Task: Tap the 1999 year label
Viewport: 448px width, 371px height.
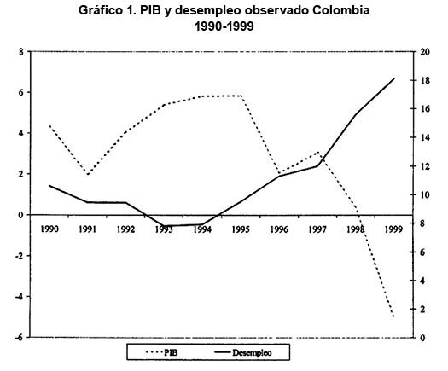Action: tap(393, 229)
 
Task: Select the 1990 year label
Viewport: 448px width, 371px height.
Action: tap(49, 229)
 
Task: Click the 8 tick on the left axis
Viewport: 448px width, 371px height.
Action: tap(20, 52)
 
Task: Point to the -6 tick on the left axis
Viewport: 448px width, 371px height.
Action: tap(18, 338)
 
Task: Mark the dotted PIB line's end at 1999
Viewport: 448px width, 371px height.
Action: tap(393, 316)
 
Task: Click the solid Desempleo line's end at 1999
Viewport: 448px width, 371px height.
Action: tap(393, 78)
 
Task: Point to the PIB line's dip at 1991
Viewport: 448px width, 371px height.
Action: tap(88, 174)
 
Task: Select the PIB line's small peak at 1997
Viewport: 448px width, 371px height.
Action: tap(317, 152)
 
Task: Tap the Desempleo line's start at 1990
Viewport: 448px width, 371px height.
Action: tap(49, 186)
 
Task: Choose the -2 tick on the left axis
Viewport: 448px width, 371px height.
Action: tap(18, 256)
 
